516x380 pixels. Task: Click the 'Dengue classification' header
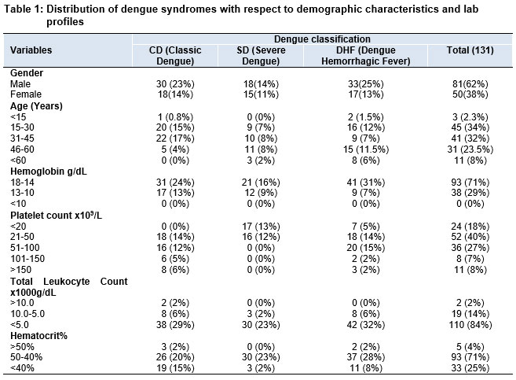(322, 39)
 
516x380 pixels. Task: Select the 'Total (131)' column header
(470, 50)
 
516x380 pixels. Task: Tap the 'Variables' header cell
(31, 50)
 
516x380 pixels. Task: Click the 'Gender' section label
(27, 73)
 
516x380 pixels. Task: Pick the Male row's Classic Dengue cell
(175, 84)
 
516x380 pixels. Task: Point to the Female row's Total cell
(470, 94)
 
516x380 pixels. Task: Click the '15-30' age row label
(22, 127)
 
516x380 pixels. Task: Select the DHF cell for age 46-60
(366, 149)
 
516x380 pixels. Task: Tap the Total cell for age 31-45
(470, 138)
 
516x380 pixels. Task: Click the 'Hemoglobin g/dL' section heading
(49, 172)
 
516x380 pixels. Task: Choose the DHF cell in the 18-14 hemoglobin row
(366, 183)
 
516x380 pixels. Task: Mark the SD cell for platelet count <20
(261, 227)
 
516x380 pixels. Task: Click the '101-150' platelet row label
(27, 259)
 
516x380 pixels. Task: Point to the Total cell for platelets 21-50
(470, 237)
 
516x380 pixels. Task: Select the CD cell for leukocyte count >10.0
(175, 303)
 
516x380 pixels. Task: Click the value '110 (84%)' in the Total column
(470, 325)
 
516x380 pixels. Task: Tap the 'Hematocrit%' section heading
(38, 336)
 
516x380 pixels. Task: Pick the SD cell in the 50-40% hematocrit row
(261, 357)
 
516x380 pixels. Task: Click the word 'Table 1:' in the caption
(24, 9)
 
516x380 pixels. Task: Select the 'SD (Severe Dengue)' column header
(261, 56)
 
